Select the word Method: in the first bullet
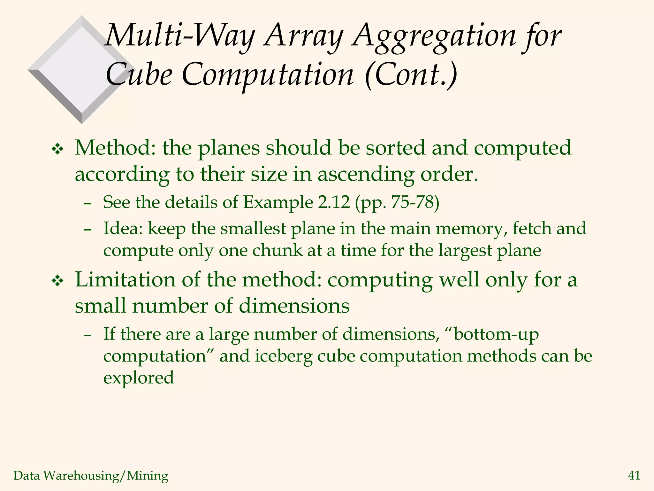point(115,148)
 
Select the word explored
point(139,378)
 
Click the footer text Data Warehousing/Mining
point(91,476)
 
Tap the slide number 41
point(634,476)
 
